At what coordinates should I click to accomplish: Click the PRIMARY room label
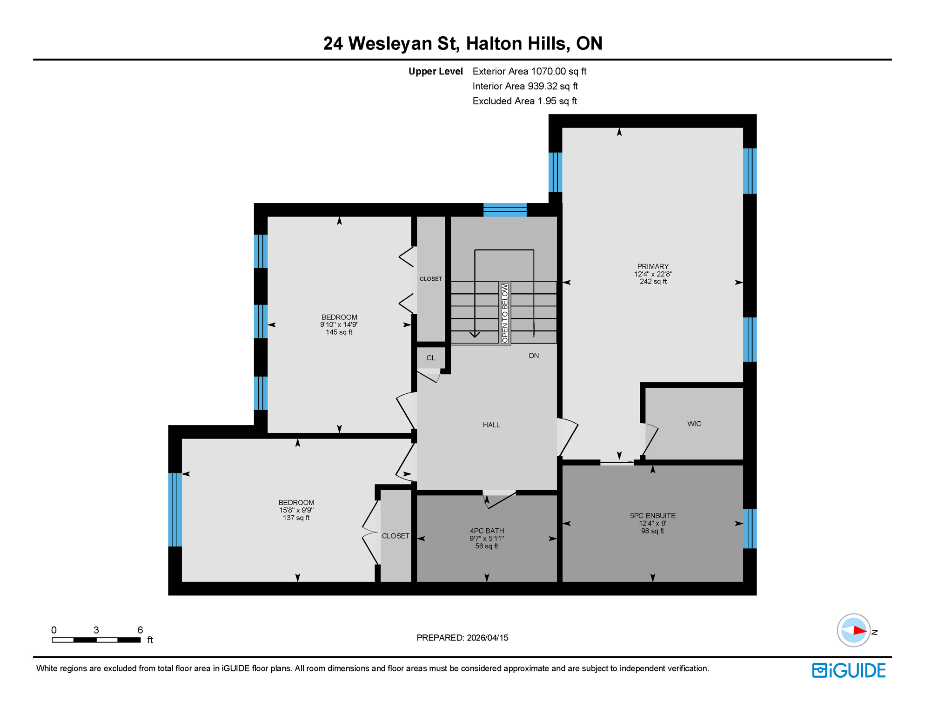[653, 266]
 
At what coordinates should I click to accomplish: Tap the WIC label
[694, 424]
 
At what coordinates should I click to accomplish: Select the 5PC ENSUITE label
[652, 515]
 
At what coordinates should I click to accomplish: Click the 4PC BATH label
[487, 531]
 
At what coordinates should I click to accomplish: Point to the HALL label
[491, 425]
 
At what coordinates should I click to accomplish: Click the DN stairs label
[534, 356]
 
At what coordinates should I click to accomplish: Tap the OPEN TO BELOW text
[505, 313]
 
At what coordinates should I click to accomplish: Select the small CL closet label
[431, 358]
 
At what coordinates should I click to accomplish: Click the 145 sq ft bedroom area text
[339, 332]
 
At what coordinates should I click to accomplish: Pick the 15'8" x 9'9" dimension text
[296, 510]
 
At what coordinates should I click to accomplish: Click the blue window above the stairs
[505, 209]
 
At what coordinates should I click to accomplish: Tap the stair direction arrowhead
[475, 334]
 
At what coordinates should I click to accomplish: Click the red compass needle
[859, 631]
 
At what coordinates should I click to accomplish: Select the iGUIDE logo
[849, 670]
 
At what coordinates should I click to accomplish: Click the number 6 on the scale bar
[140, 630]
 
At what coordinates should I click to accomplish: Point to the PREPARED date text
[462, 638]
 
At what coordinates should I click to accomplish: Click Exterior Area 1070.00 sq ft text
[529, 71]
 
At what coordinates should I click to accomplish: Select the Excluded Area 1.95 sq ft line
[524, 101]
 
